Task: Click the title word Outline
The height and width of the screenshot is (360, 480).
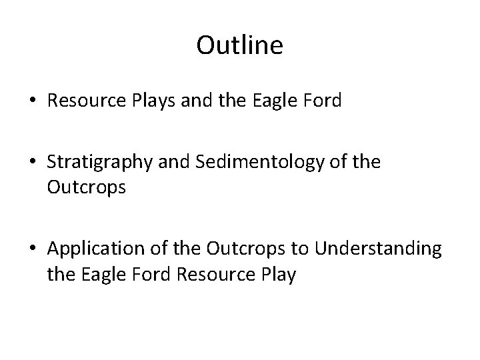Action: (x=240, y=46)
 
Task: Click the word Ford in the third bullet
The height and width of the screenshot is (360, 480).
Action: (x=143, y=273)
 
